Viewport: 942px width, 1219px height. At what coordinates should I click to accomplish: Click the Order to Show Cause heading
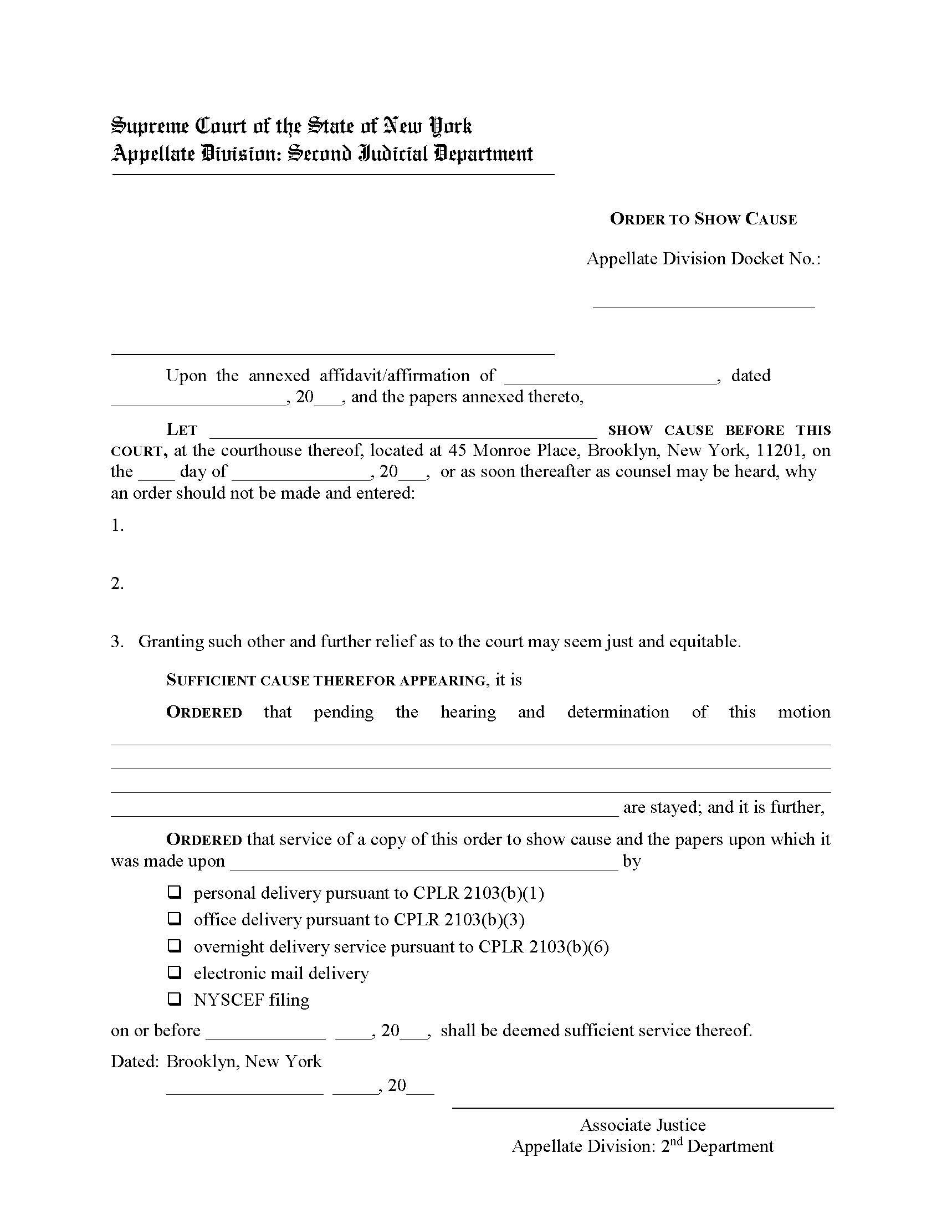click(x=703, y=219)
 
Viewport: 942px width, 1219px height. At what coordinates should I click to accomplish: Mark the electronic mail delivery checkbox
click(x=175, y=972)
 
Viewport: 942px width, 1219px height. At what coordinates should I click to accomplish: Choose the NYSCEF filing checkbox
click(x=175, y=999)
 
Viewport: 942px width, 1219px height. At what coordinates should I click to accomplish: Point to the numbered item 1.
click(x=117, y=525)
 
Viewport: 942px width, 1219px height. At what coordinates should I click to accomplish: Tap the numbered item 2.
click(x=117, y=583)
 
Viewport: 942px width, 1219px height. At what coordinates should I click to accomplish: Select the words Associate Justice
click(x=643, y=1125)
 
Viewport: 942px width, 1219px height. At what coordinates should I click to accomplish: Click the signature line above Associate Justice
click(x=643, y=1107)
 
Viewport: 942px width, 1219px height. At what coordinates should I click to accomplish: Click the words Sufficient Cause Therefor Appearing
click(x=326, y=680)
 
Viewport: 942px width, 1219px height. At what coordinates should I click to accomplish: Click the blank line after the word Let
click(x=403, y=436)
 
